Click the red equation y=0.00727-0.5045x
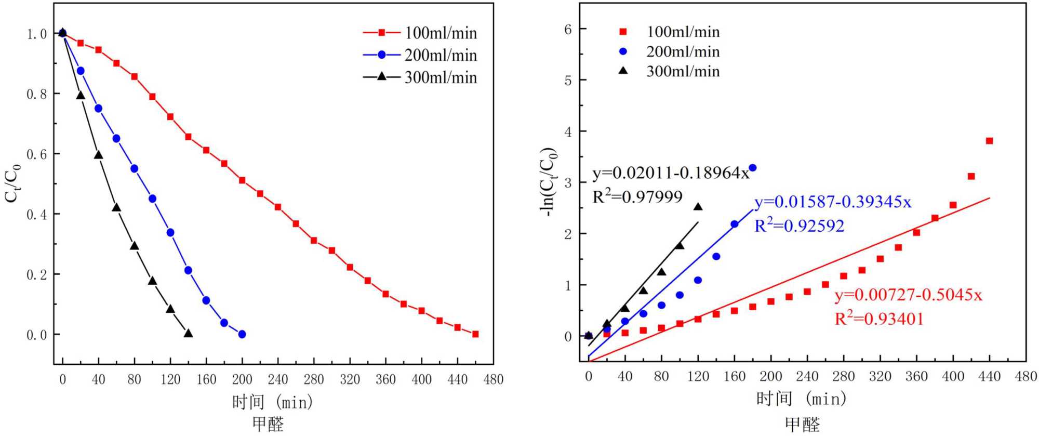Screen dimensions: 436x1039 pyautogui.click(x=908, y=295)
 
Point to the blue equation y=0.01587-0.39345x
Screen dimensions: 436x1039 pyautogui.click(x=833, y=202)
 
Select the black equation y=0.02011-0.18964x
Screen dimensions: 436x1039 pyautogui.click(x=671, y=173)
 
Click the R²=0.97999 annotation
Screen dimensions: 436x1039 pyautogui.click(x=637, y=196)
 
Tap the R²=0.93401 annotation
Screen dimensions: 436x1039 pyautogui.click(x=879, y=318)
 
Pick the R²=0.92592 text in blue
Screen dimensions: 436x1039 pyautogui.click(x=799, y=225)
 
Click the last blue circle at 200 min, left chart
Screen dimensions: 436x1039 pyautogui.click(x=242, y=334)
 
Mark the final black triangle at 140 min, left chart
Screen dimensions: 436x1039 pyautogui.click(x=188, y=334)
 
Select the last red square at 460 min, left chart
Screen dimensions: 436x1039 pyautogui.click(x=475, y=334)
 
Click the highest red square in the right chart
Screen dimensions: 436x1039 pyautogui.click(x=989, y=141)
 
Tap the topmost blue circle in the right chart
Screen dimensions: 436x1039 pyautogui.click(x=753, y=168)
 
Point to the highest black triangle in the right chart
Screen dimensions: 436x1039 pyautogui.click(x=698, y=207)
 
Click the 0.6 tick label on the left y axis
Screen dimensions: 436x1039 pyautogui.click(x=36, y=154)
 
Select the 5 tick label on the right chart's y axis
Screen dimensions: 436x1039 pyautogui.click(x=568, y=81)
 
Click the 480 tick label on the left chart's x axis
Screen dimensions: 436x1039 pyautogui.click(x=493, y=380)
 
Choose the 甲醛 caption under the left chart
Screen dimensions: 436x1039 pyautogui.click(x=268, y=424)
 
